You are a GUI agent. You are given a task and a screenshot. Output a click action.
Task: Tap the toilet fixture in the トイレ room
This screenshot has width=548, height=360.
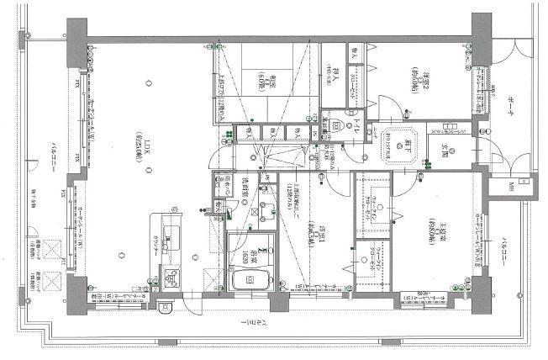335,127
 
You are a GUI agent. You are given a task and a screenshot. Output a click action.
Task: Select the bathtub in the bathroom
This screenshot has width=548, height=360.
248,281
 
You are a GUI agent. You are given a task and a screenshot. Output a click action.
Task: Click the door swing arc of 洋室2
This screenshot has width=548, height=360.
391,109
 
